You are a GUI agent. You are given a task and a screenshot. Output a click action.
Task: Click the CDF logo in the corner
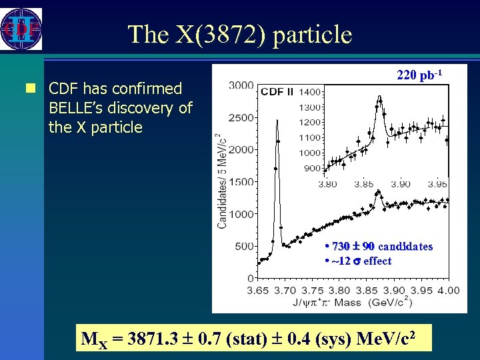click(21, 29)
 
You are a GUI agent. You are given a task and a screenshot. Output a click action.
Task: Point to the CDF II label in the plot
click(277, 92)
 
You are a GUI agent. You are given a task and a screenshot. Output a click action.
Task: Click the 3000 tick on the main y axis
click(241, 85)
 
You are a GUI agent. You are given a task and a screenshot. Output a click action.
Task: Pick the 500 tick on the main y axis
click(245, 246)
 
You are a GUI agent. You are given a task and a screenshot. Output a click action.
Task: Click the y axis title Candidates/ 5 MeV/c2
click(221, 180)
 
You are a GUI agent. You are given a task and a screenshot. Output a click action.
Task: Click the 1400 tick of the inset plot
click(311, 92)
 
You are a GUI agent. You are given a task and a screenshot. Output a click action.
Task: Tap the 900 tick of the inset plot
click(313, 168)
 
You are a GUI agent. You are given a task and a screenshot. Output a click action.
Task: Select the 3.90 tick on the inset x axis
click(400, 184)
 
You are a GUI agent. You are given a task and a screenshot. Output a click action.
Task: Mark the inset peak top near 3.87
click(379, 97)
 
